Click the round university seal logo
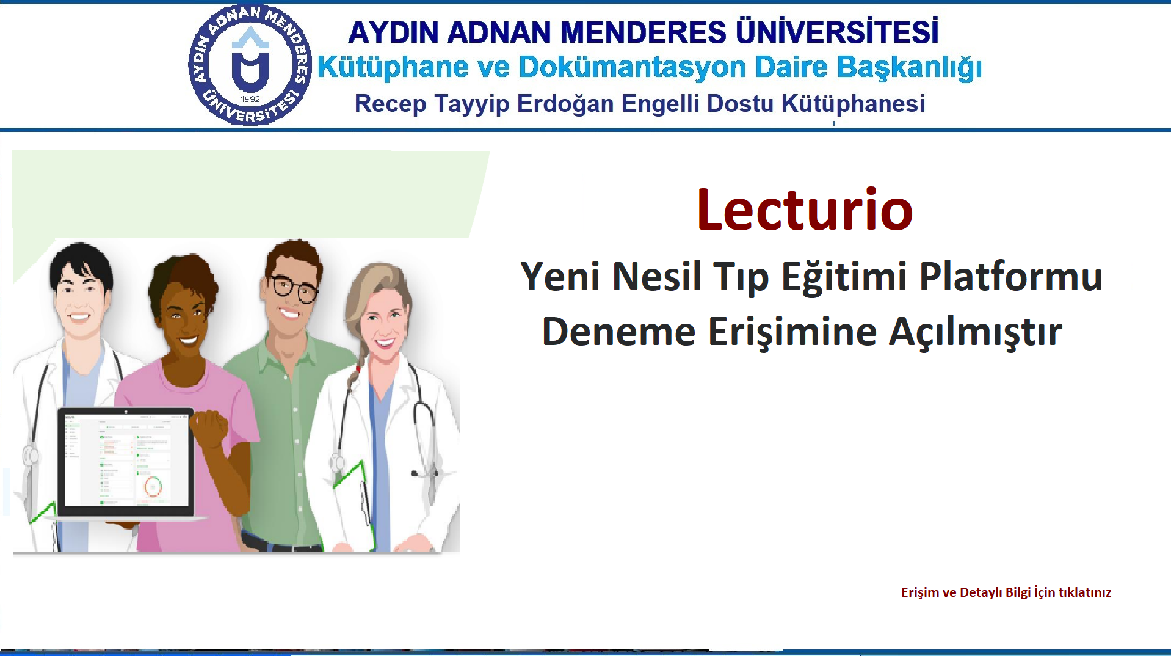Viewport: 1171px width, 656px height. coord(250,65)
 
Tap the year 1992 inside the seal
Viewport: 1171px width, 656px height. coord(250,99)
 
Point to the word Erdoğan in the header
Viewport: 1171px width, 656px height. coord(565,104)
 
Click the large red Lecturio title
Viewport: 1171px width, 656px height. coord(805,210)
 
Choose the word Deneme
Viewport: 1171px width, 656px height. coord(618,332)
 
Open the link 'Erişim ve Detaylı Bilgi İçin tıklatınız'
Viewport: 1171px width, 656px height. coord(1006,592)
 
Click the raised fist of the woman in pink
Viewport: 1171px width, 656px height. coord(208,428)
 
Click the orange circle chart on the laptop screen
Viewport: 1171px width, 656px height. coord(153,487)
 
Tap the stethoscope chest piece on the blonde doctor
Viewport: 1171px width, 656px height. coord(338,463)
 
